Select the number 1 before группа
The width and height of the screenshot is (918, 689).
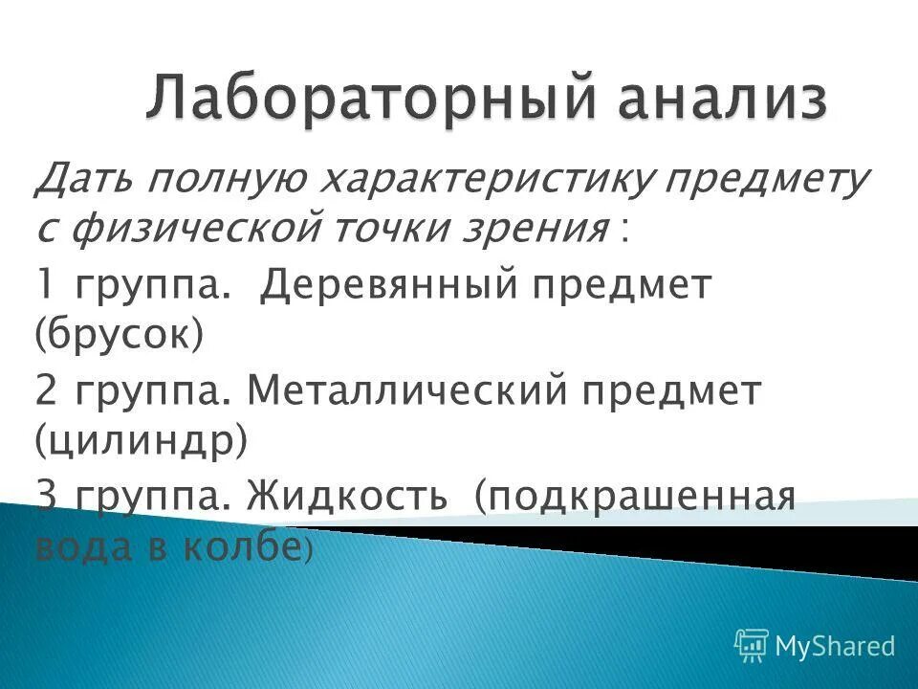(x=45, y=286)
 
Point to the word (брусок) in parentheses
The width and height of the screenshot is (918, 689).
(x=120, y=338)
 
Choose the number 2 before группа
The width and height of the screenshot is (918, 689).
(x=47, y=391)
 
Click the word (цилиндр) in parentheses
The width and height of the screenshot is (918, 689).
(x=142, y=443)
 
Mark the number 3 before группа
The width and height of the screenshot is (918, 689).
(x=47, y=497)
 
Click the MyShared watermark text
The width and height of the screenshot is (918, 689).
(x=835, y=646)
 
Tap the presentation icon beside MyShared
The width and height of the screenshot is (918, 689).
(x=752, y=646)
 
